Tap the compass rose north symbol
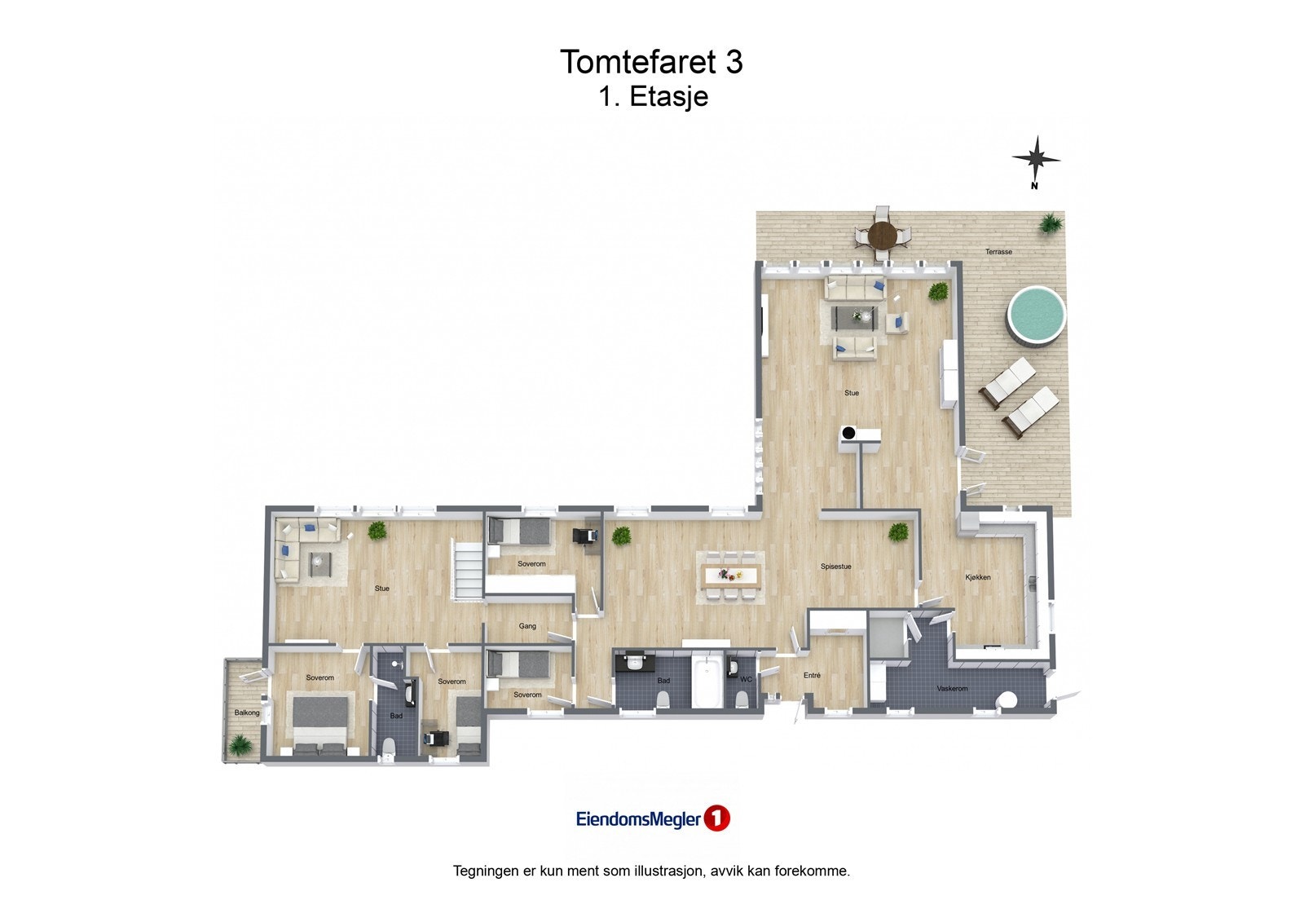pos(1036,159)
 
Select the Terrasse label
pos(998,252)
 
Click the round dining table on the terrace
pos(882,236)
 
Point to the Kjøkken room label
pos(978,577)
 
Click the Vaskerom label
pos(952,689)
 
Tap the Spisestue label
pos(835,567)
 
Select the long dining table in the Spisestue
pos(731,575)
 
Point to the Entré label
pos(812,675)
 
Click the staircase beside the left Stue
pos(469,571)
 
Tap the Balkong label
pos(247,712)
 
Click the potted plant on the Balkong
pos(240,743)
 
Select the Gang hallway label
pos(527,626)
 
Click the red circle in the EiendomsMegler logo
pos(716,818)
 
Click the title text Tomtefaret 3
pos(651,62)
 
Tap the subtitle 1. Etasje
pos(653,97)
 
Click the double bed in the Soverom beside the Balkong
pos(320,721)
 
